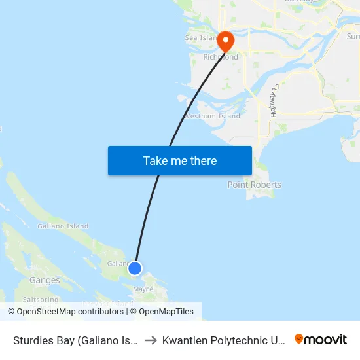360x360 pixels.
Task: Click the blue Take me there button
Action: pos(180,160)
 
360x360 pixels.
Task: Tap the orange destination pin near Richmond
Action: pos(226,41)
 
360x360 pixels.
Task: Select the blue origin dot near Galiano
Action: pos(135,268)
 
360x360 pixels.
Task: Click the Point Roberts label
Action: pos(254,185)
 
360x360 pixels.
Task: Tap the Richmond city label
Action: pos(221,57)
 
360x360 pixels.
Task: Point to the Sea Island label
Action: pos(200,38)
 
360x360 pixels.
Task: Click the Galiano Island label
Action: pos(63,226)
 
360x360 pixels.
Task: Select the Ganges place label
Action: pos(45,280)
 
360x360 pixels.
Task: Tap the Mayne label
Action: pos(143,289)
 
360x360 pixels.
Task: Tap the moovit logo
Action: pos(321,340)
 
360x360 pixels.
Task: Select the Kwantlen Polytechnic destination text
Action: pos(223,340)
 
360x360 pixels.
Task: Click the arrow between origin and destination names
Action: pos(150,340)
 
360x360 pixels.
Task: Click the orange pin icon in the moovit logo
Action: pos(299,339)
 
